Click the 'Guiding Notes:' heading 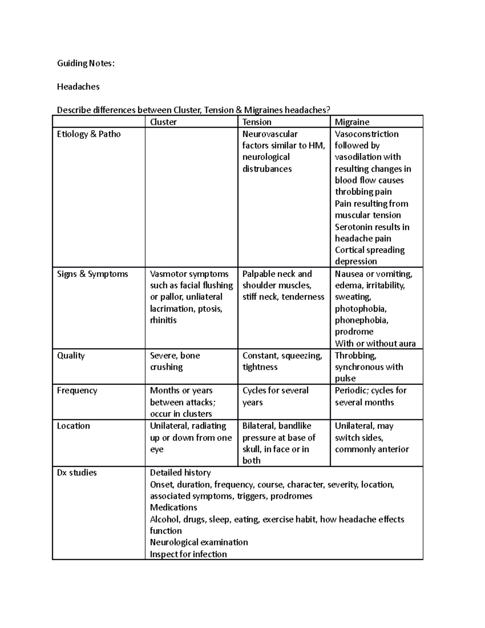coord(86,63)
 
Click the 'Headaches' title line coord(78,87)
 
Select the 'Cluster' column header coord(163,122)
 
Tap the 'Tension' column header coord(257,122)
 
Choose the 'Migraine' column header coord(352,122)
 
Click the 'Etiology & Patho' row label coord(89,134)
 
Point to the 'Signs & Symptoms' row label coord(92,274)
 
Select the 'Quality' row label coord(71,355)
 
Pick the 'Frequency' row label coord(77,390)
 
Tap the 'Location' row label coord(73,426)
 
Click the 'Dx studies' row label coord(77,472)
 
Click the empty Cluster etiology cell coord(191,197)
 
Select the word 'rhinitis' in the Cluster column coord(163,320)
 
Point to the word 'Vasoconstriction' coord(367,134)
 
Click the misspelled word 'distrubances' coord(267,169)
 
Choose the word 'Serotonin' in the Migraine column coord(353,227)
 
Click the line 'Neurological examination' coord(199,542)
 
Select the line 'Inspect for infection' coord(188,554)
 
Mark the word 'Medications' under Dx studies coord(173,507)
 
